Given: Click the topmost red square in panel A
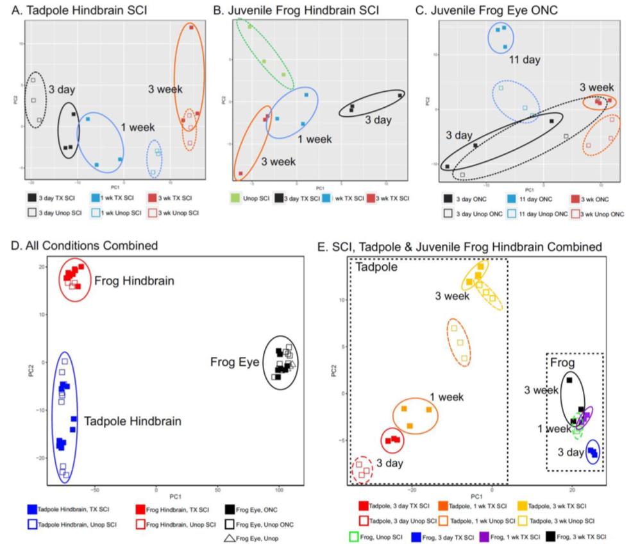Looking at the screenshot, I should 191,27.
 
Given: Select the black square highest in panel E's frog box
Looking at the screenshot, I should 569,380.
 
